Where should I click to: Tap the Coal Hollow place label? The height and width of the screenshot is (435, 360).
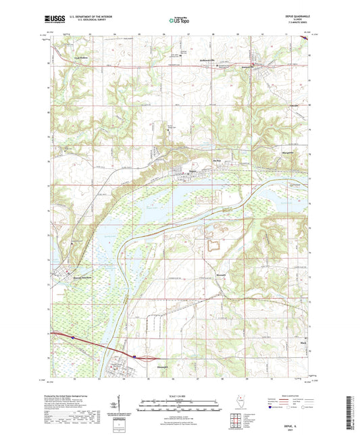click(x=82, y=59)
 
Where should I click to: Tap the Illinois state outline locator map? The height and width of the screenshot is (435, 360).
click(x=242, y=403)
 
